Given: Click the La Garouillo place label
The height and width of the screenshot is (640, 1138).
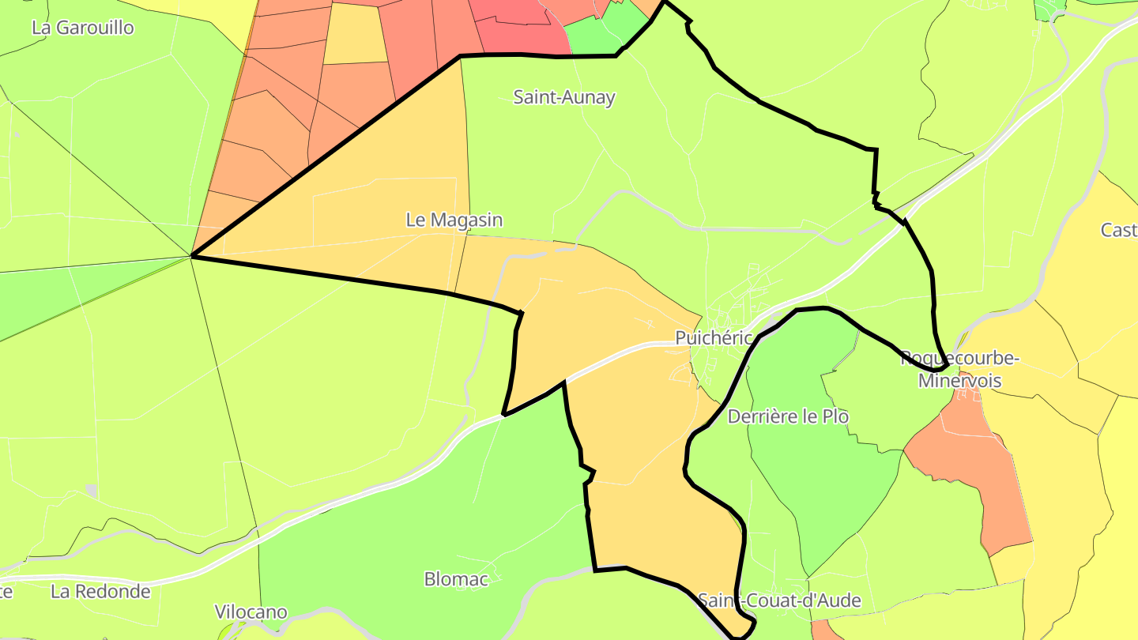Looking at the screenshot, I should point(83,28).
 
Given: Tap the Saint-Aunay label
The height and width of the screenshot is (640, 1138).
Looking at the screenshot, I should point(564,97).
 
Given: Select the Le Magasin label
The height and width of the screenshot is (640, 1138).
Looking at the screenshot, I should point(454,220).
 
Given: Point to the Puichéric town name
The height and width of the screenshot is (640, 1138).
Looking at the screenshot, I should point(714,337).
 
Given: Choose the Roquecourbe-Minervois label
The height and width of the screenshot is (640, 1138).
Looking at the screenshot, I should point(959,369).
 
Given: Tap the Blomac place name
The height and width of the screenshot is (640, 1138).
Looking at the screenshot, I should point(456,579).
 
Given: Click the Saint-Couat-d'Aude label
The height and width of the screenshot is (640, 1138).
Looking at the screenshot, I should point(779,600).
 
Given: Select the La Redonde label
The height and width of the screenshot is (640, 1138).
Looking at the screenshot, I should point(100,591).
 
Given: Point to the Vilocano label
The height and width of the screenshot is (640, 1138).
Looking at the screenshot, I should point(251,612).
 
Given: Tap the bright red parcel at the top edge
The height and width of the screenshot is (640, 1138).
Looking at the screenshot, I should point(514,24).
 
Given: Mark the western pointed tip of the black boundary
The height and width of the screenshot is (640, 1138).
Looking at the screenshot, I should point(194,256).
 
